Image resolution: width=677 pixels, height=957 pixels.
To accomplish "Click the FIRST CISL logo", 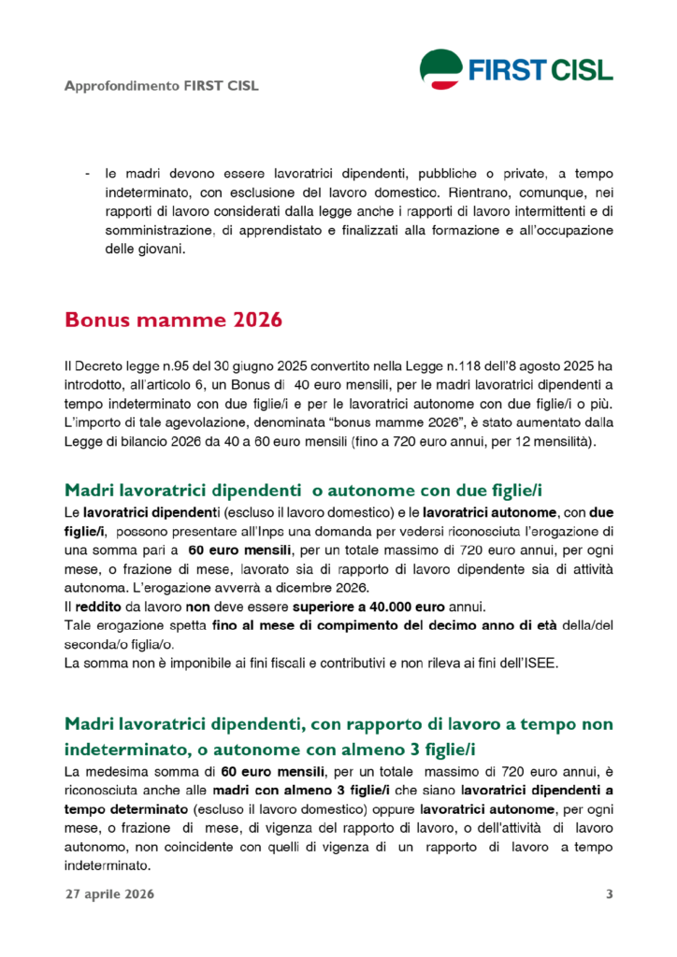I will pos(516,68).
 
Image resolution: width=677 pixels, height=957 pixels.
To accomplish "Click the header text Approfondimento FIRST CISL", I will pos(161,87).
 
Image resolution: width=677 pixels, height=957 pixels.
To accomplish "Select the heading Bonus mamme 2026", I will pos(173,320).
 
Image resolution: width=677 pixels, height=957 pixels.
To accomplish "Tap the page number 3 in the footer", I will pos(610,894).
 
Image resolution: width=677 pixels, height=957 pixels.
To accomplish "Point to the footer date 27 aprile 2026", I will pos(109,894).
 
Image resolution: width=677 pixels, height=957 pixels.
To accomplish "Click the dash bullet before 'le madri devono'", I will pos(87,175).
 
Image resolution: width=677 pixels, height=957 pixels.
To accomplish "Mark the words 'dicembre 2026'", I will pos(325,587).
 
